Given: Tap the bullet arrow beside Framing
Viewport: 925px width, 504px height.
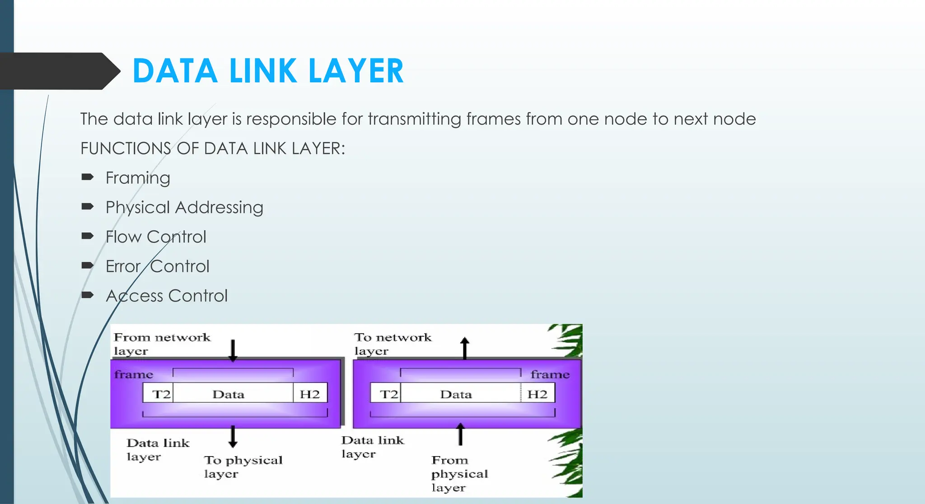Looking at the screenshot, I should click(87, 177).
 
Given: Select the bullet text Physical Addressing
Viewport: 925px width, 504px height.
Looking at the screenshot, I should click(184, 207).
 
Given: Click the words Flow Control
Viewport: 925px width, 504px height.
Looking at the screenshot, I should click(156, 237).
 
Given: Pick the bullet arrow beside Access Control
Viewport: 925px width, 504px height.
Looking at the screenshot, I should click(87, 295).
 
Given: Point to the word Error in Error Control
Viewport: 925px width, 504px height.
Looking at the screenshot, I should click(123, 267).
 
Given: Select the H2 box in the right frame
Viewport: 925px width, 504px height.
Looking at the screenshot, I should click(537, 394).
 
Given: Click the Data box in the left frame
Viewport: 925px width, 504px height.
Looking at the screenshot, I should click(229, 394).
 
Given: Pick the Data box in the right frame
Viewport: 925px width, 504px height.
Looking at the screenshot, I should click(456, 394).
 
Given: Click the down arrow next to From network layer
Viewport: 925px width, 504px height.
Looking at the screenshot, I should click(233, 351).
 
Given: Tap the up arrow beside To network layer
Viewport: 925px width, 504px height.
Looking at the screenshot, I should click(465, 348).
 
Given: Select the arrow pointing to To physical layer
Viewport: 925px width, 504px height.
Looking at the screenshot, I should click(233, 436).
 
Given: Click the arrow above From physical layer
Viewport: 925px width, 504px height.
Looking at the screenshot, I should click(460, 434).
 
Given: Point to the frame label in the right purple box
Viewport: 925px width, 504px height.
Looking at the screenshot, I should click(550, 375).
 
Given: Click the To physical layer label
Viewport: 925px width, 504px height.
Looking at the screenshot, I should click(243, 466).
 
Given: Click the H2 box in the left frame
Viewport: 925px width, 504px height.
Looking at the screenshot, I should click(310, 394).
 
